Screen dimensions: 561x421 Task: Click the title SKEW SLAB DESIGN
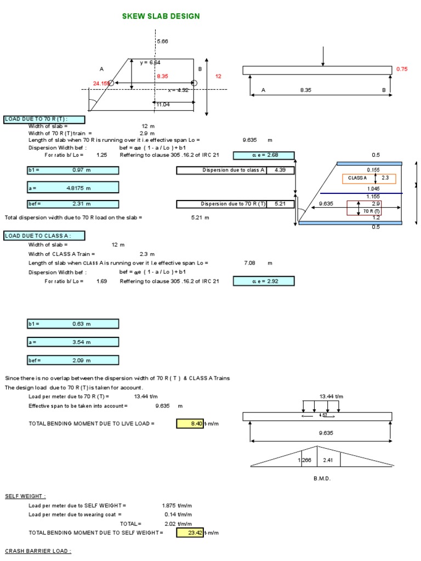click(161, 16)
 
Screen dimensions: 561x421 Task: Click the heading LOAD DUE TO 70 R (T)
click(44, 119)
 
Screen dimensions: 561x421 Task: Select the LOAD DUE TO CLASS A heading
click(44, 236)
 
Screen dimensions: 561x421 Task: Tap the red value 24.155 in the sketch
click(101, 83)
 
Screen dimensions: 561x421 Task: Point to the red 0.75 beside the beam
click(402, 70)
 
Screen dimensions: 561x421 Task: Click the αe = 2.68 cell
click(264, 155)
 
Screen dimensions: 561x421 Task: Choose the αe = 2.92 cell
click(264, 281)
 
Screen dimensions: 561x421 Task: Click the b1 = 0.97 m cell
click(72, 170)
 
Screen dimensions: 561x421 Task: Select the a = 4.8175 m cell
click(72, 188)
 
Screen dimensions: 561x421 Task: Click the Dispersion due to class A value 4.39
click(281, 170)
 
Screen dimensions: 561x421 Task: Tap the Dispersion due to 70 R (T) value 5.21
click(281, 204)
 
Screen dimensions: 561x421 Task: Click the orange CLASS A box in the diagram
click(362, 178)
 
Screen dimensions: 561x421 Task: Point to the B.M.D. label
click(322, 478)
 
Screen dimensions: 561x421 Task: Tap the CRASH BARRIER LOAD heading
click(38, 551)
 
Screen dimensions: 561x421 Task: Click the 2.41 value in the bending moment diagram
click(328, 460)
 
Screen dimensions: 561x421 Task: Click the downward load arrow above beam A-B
click(324, 56)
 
